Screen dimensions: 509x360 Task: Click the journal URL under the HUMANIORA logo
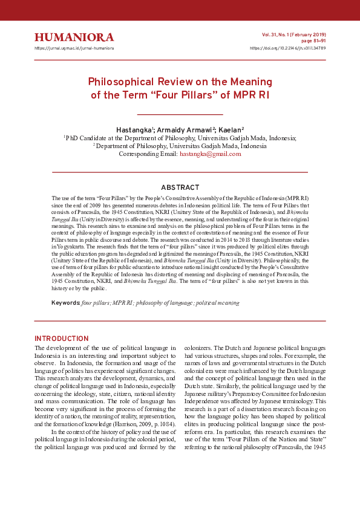coord(74,48)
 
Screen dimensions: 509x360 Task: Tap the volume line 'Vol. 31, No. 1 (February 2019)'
coord(293,35)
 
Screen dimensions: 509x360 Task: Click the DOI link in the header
coord(287,48)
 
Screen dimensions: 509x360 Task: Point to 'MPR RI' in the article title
coord(250,94)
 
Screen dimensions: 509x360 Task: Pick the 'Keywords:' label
coord(66,302)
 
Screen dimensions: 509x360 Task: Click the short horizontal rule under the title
coord(180,114)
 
